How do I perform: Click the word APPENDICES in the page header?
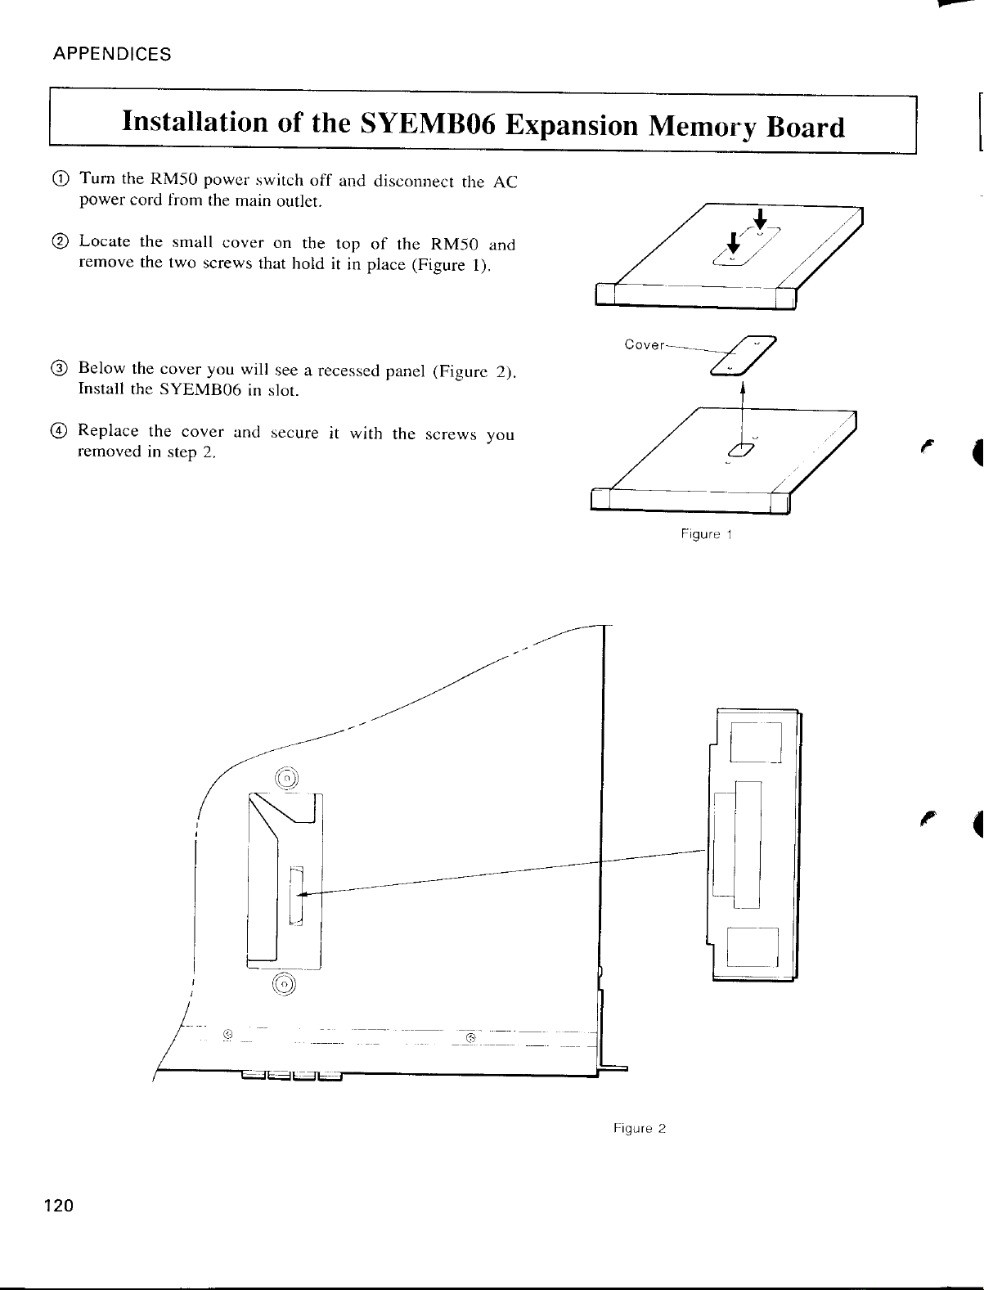pos(111,54)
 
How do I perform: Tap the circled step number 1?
pos(61,178)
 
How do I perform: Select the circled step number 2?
pos(60,241)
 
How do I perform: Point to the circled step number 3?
pos(60,368)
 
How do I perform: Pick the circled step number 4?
pos(59,431)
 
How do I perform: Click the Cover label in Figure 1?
pos(644,344)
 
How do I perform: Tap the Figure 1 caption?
pos(706,534)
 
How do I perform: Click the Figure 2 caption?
pos(639,1128)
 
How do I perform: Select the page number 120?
pos(59,1206)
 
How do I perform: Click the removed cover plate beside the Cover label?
pos(744,355)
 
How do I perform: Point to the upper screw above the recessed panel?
pos(286,779)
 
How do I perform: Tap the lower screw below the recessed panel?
pos(285,984)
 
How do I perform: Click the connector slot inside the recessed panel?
pos(297,896)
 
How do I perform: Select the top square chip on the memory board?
pos(756,742)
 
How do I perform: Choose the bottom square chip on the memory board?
pos(753,946)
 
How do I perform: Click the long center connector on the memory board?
pos(748,844)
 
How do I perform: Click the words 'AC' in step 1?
pos(505,182)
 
